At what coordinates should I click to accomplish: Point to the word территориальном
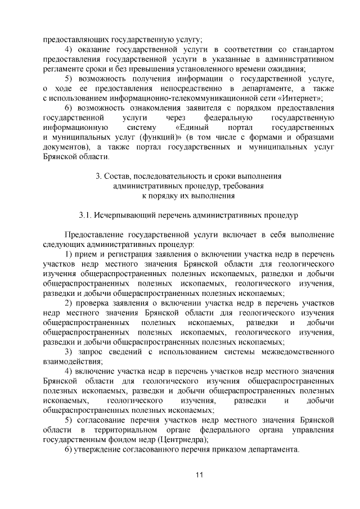point(113,430)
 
